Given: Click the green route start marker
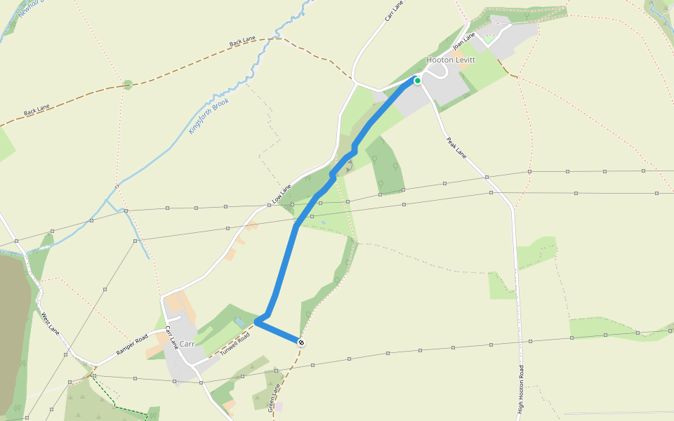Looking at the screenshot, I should [417, 81].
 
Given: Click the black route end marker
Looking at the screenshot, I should [301, 342].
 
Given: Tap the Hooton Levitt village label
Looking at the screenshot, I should [451, 60].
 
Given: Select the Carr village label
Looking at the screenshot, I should [187, 344].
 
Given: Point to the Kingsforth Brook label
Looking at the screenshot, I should [209, 116].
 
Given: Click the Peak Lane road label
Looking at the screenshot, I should [456, 147].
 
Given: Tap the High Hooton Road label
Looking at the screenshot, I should [521, 389].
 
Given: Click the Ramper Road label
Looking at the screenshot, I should [131, 342].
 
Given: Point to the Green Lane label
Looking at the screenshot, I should [275, 397].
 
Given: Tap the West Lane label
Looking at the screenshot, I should [48, 323].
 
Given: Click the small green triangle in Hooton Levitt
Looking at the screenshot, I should [487, 41].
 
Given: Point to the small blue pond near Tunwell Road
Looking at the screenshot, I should [240, 321].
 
